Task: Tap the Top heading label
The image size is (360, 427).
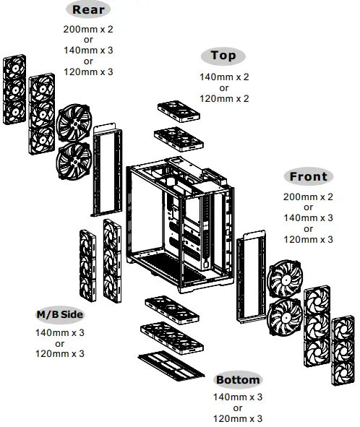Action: [223, 56]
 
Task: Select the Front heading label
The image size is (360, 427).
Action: [308, 176]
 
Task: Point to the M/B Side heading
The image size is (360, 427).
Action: [60, 315]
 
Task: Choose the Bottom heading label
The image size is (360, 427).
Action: [238, 380]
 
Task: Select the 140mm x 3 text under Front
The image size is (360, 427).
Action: [308, 217]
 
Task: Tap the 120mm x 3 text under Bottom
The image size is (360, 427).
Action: [238, 418]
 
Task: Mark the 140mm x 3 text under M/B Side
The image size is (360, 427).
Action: [60, 333]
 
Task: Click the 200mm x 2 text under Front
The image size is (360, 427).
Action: [308, 197]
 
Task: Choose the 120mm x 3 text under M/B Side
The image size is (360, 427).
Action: [60, 353]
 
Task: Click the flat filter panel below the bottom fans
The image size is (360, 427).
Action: [171, 363]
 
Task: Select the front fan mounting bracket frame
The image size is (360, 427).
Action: [251, 279]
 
